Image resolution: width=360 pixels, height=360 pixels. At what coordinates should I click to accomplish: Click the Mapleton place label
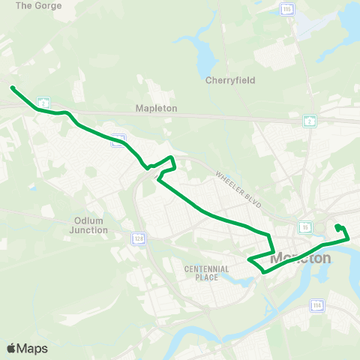[x=156, y=108]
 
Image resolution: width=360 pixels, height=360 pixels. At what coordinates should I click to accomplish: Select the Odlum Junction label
[x=91, y=225]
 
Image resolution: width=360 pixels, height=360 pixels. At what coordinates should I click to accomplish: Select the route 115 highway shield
[x=288, y=8]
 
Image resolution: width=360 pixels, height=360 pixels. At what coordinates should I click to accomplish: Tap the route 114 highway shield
[x=317, y=305]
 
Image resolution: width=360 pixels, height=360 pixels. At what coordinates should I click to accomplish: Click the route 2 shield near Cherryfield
[x=309, y=121]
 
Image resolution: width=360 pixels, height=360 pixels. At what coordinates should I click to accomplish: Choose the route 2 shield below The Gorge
[x=45, y=101]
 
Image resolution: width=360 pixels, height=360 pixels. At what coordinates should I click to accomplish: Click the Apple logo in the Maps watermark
[x=10, y=348]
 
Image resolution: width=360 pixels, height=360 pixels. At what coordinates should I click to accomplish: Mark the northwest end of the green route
[x=12, y=88]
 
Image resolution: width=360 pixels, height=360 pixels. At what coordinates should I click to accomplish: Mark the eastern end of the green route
[x=337, y=226]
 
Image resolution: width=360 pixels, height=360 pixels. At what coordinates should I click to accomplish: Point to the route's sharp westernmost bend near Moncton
[x=249, y=260]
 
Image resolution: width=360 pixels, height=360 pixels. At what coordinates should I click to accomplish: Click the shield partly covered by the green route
[x=118, y=140]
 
